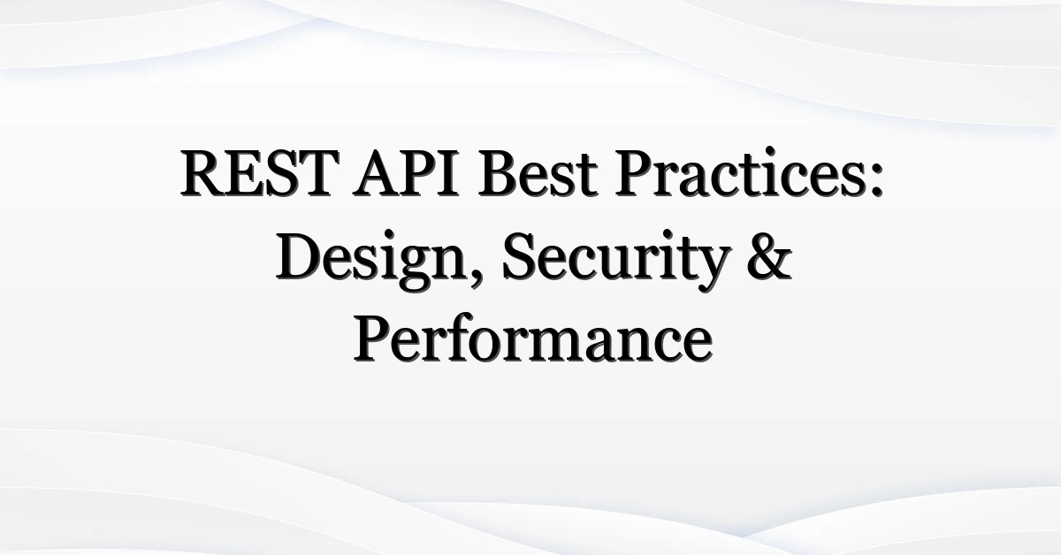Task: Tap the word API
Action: click(406, 173)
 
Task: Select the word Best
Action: click(538, 173)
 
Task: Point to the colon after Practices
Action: click(876, 179)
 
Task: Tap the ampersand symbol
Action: click(769, 256)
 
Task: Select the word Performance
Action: click(533, 338)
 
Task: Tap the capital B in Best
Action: click(499, 173)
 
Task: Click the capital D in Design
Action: click(300, 256)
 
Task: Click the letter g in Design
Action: click(415, 269)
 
